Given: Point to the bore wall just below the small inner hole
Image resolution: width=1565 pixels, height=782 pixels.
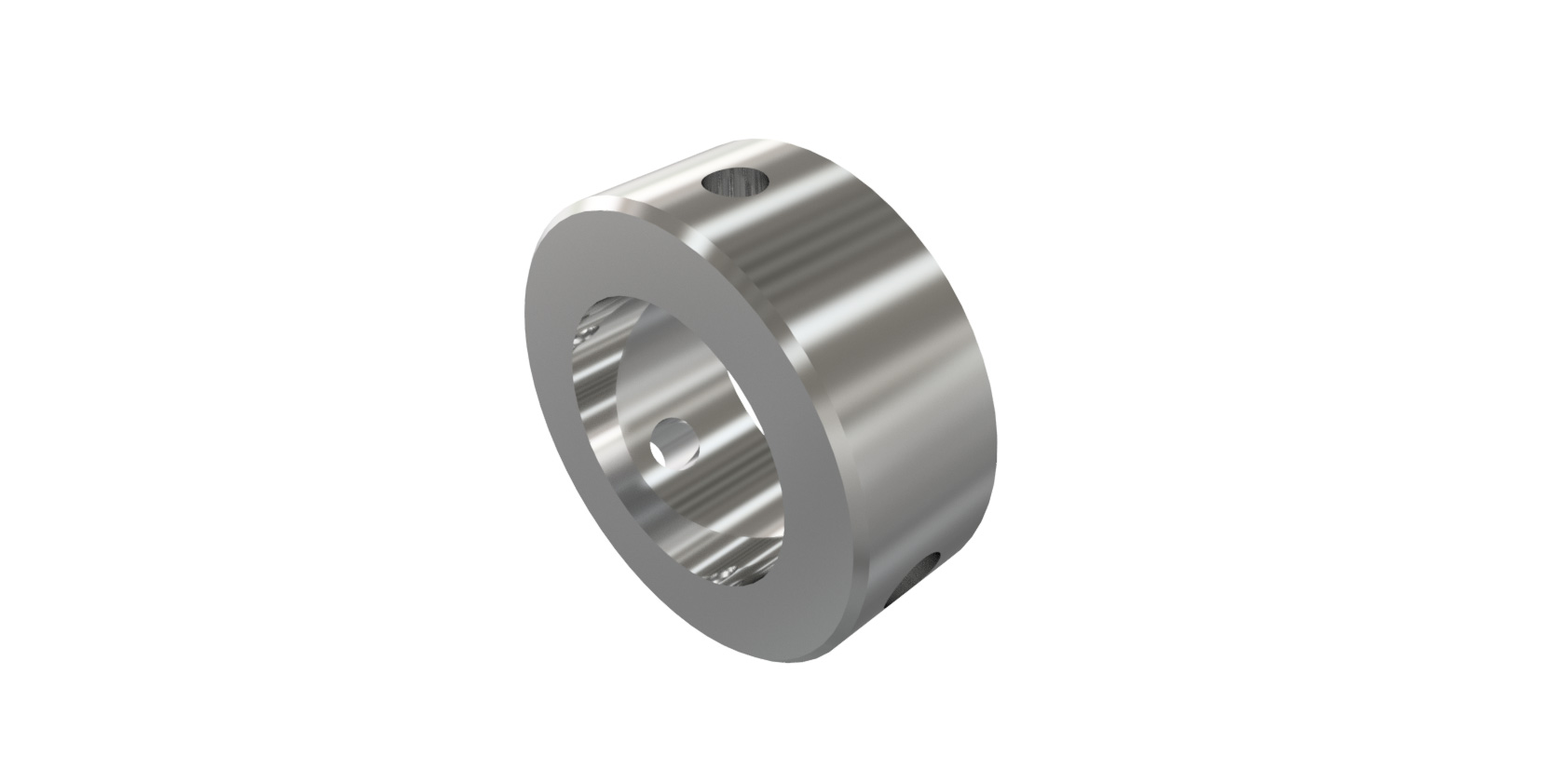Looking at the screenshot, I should [x=685, y=484].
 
